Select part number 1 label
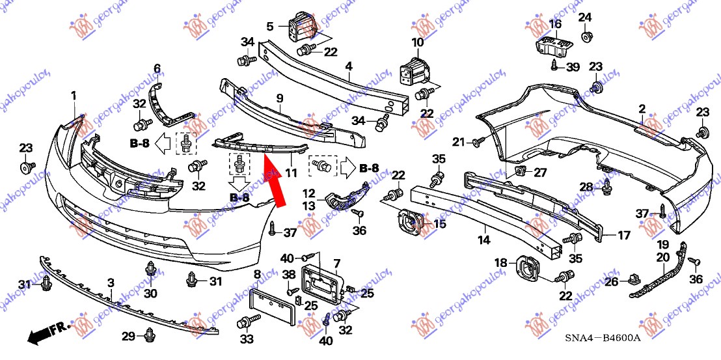point(74,96)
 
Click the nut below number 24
point(585,36)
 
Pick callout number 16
point(554,24)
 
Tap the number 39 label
point(573,67)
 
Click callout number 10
point(417,42)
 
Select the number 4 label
point(349,66)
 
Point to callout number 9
point(279,99)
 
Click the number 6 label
point(157,68)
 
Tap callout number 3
point(111,283)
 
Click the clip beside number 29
point(150,335)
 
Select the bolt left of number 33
point(247,322)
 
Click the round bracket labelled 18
point(527,268)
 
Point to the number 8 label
point(257,274)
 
